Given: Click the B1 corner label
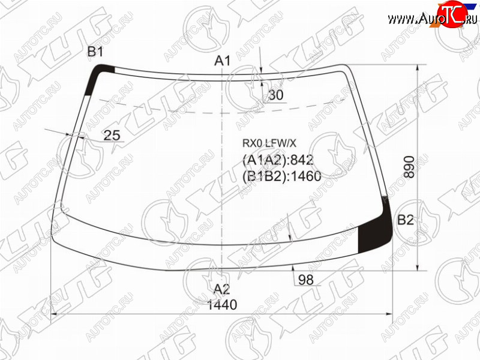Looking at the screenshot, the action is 95,52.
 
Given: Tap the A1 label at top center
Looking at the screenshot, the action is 222,61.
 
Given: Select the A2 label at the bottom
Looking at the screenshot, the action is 221,289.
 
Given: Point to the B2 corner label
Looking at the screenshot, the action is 406,220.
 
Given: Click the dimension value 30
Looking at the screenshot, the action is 276,95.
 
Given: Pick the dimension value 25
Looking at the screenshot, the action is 112,135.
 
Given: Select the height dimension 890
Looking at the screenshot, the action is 409,167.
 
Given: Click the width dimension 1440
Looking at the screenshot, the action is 222,305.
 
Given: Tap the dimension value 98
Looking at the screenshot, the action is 306,280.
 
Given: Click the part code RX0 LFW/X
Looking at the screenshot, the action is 269,143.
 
